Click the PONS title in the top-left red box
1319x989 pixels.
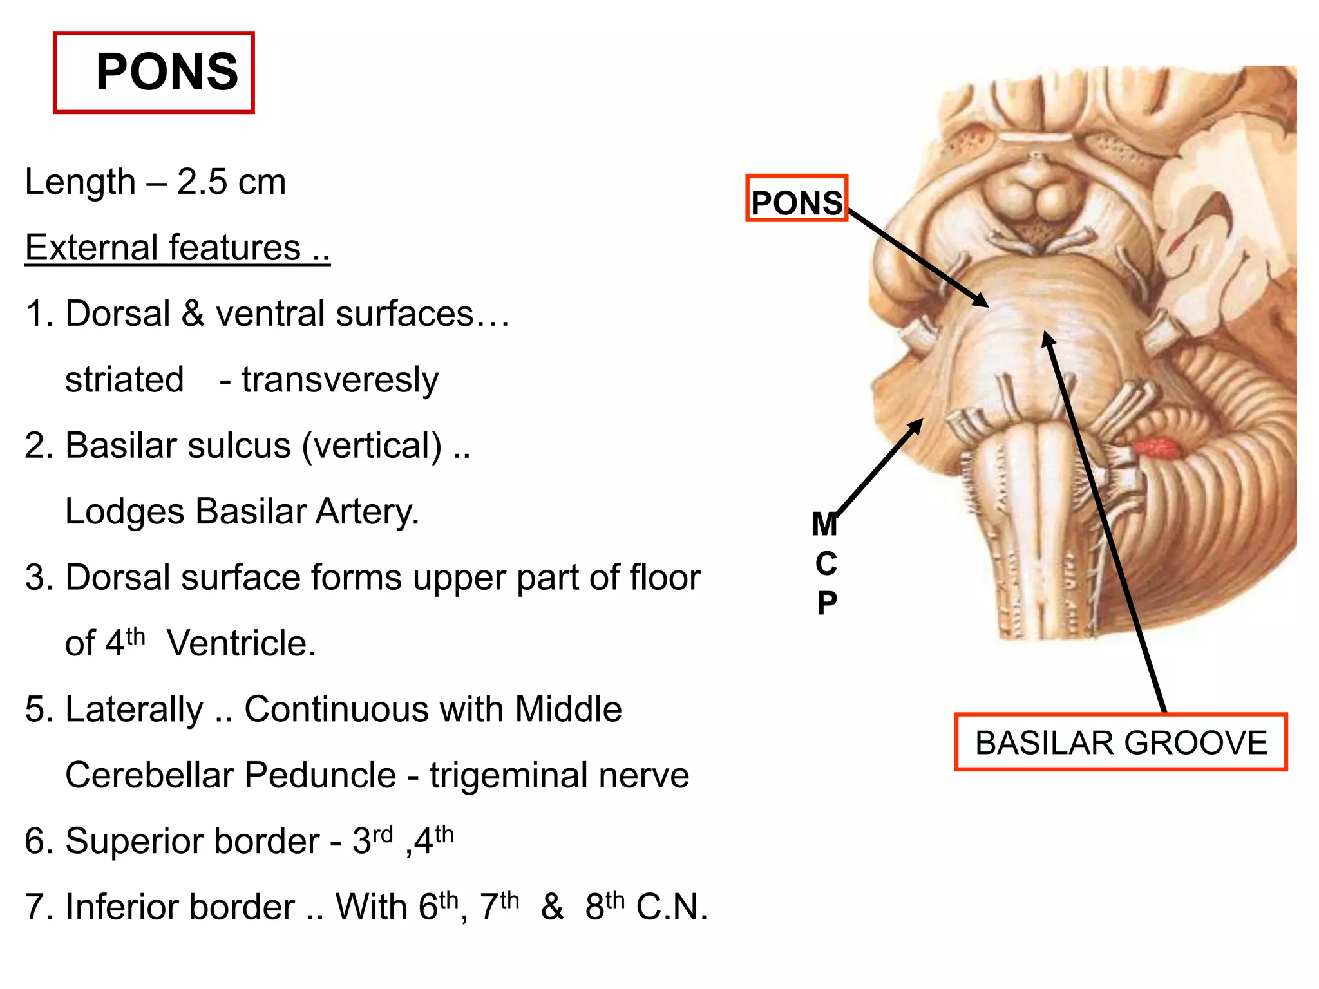(166, 72)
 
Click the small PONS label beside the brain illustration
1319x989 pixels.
(797, 203)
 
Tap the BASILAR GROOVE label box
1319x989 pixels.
(1121, 742)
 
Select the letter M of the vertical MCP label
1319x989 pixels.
(825, 524)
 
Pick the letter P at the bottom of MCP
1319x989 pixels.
(827, 603)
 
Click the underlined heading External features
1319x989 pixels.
(177, 248)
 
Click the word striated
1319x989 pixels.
(124, 379)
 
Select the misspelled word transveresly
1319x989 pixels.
(340, 380)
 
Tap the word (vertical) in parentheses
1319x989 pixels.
(372, 446)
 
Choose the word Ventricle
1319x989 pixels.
(242, 643)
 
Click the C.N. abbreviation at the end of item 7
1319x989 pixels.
(672, 907)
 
